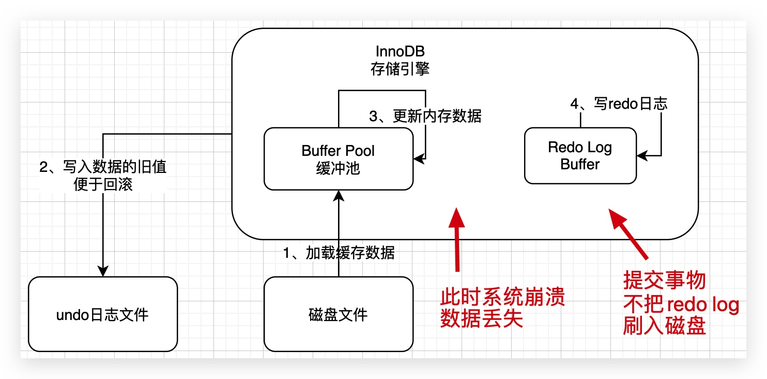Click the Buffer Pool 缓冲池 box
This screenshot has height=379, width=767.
(x=338, y=159)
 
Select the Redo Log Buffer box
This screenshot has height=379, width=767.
(x=580, y=156)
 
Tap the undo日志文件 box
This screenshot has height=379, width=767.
(x=102, y=314)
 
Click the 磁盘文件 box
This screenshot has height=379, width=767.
(x=338, y=314)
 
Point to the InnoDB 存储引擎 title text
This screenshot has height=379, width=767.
(x=400, y=60)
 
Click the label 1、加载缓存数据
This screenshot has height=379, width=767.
(x=339, y=253)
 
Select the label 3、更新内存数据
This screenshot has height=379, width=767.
(x=425, y=116)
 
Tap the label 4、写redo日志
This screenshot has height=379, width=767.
(x=619, y=104)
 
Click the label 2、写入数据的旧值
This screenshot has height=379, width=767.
(x=103, y=167)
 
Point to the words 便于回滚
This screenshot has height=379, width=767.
(x=103, y=184)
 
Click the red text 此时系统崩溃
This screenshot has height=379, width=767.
(x=502, y=298)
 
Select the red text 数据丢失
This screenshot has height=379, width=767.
(x=482, y=319)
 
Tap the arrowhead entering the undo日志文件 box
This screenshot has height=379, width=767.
(x=103, y=271)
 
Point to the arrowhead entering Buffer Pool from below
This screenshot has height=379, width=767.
(x=339, y=196)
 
